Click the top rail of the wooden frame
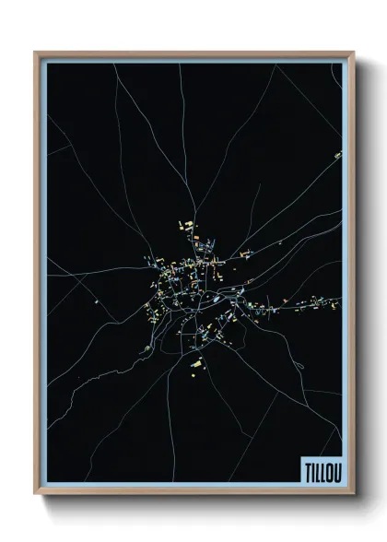tap(193, 53)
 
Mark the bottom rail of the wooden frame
tap(193, 492)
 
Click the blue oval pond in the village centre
tap(216, 299)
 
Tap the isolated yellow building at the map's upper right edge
tap(337, 155)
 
